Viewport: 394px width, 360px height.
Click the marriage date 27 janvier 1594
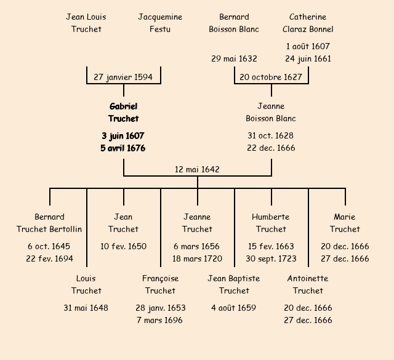124,77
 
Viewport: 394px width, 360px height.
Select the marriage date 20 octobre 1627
271,77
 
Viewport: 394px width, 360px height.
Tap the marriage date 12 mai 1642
197,169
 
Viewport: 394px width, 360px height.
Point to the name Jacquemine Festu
160,23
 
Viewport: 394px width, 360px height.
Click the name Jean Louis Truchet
86,23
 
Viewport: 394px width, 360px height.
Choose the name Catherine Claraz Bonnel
308,23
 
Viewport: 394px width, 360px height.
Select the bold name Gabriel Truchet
123,113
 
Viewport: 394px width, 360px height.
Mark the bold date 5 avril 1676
123,148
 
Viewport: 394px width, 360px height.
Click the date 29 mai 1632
234,58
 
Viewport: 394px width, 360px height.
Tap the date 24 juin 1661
308,58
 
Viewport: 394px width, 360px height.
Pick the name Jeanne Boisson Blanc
271,113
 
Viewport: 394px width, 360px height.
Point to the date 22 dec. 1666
271,148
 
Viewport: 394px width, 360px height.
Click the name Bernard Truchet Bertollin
49,223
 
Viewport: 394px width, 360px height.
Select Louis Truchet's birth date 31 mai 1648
86,308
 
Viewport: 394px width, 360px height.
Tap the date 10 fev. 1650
123,246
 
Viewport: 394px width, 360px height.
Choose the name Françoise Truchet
160,284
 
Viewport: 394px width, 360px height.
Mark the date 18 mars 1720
197,258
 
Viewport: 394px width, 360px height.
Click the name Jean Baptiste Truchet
234,284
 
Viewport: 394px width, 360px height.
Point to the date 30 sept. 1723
271,258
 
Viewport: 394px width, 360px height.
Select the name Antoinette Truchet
308,284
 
